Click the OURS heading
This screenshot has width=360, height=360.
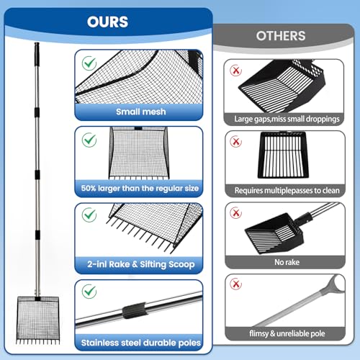(x=107, y=22)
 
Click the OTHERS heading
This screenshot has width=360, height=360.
(x=281, y=36)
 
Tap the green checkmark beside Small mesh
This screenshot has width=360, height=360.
(x=89, y=63)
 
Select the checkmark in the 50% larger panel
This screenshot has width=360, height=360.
(x=89, y=140)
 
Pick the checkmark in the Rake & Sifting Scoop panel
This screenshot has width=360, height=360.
(x=89, y=215)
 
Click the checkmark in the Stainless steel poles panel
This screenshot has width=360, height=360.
(x=89, y=292)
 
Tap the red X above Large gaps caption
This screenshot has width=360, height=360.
(x=236, y=71)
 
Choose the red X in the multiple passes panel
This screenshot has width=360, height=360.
(x=236, y=141)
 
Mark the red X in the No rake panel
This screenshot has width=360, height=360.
(x=236, y=212)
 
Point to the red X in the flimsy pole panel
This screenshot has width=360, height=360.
(x=236, y=284)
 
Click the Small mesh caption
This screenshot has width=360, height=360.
(x=141, y=112)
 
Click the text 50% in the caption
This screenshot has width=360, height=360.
(x=89, y=188)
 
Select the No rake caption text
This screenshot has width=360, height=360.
(x=287, y=262)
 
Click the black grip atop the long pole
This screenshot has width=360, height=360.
(x=37, y=55)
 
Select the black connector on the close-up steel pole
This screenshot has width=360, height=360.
(x=135, y=311)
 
